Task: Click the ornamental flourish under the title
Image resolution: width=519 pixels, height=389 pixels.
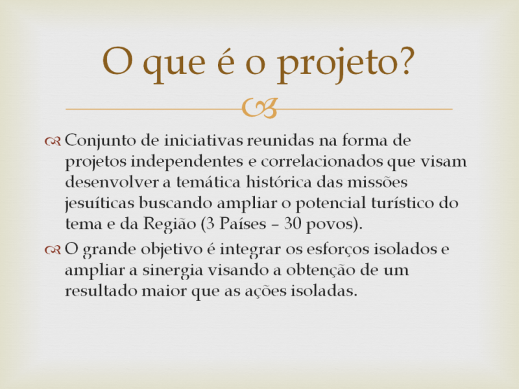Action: click(259, 108)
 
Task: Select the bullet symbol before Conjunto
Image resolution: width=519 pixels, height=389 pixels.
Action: click(54, 141)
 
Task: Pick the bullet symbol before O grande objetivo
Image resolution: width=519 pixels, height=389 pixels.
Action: click(54, 249)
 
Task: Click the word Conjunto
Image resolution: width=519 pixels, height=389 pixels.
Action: click(97, 140)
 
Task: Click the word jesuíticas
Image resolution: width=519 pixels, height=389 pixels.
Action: click(99, 204)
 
